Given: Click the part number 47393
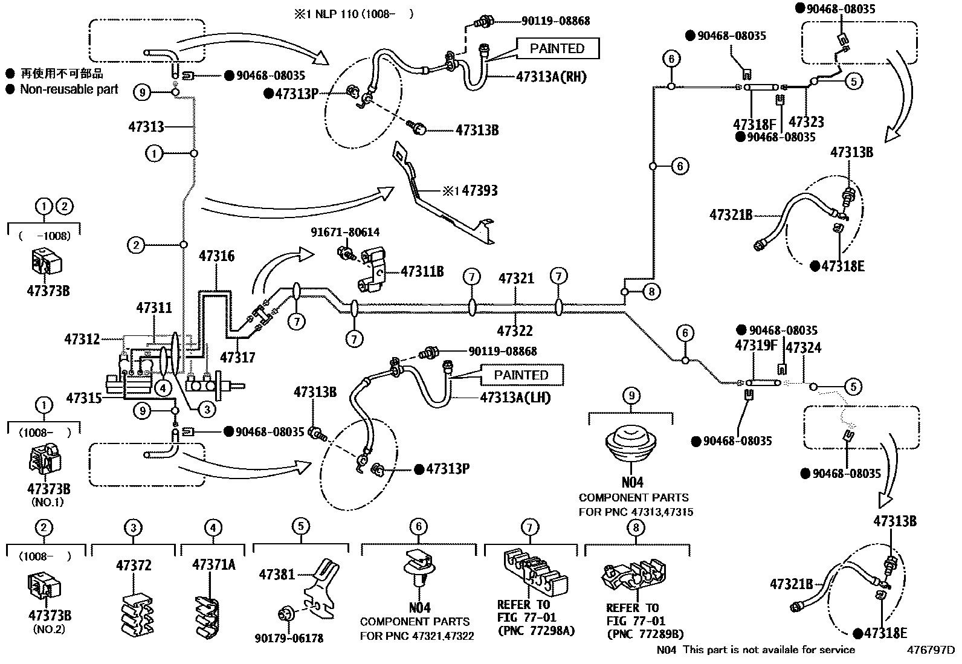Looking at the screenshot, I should coord(477,191).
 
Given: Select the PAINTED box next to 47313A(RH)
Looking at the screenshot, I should coord(557,48).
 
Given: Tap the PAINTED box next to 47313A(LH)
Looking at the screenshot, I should coord(521,375).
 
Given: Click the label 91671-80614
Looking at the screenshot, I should coord(345,233).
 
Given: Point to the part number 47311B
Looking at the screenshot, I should coord(422,272).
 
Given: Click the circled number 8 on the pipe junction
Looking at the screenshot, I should coord(650,292).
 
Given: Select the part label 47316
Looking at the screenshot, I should coord(216,257).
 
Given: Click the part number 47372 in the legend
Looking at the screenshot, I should coord(134,566).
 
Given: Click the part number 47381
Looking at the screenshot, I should coord(277,574).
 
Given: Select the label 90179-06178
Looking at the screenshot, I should coord(289,638).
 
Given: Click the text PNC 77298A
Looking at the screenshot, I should coord(535,632).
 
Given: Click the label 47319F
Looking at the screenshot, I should coord(755,346).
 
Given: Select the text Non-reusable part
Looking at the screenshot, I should coord(69,89).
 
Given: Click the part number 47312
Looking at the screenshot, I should coord(82,340).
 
